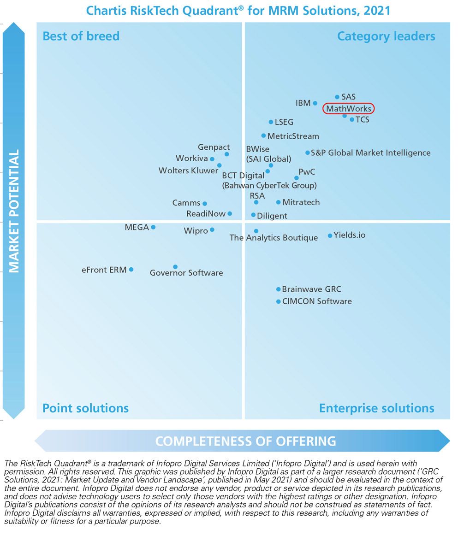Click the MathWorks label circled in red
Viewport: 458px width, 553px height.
348,109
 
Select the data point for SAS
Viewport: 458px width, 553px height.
337,97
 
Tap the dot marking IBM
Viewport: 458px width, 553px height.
315,103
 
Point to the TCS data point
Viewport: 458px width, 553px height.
352,119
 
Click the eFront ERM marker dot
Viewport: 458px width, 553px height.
131,269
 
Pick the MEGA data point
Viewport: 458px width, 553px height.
153,227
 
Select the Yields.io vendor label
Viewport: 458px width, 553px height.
349,235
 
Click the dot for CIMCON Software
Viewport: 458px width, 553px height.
278,301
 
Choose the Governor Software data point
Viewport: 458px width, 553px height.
175,267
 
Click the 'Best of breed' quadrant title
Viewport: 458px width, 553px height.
81,36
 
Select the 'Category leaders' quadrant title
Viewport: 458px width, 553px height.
386,36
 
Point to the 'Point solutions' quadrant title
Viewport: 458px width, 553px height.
85,408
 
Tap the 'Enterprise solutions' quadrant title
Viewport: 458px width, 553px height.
376,408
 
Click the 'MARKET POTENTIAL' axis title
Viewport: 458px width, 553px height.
14,211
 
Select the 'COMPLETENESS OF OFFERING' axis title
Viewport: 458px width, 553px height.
245,441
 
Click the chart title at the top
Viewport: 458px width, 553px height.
238,10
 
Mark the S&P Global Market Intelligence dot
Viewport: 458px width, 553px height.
307,153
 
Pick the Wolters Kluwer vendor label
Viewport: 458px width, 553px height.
188,171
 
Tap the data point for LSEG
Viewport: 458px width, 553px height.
271,122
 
